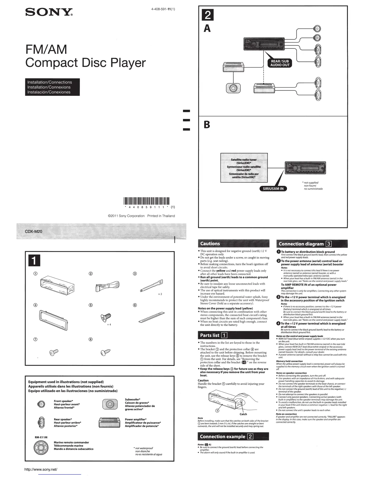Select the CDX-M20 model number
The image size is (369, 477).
click(31, 231)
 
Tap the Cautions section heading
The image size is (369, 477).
click(210, 244)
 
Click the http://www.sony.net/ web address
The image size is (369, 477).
click(41, 469)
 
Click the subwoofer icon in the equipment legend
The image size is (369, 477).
click(109, 404)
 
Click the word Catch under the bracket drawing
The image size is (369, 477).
click(243, 414)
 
